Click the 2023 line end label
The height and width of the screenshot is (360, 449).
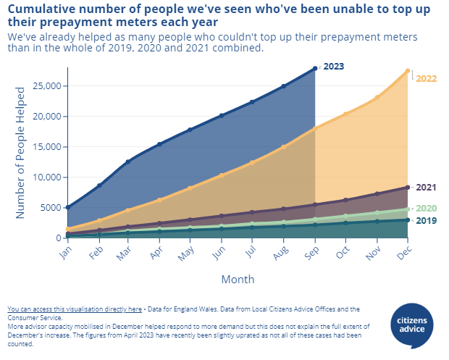pos(333,67)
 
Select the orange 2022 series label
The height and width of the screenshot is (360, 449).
pos(426,78)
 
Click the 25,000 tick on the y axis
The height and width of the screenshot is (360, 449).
pos(49,86)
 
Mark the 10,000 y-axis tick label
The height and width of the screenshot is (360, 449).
pos(49,177)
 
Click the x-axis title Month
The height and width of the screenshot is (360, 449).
pos(238,279)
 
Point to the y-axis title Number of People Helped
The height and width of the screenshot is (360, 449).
pos(21,153)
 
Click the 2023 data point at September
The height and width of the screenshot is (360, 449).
pos(315,68)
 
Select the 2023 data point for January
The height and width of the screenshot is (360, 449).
pos(68,207)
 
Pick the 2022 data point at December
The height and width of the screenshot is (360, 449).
pos(408,71)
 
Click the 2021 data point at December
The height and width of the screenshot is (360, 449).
pos(408,188)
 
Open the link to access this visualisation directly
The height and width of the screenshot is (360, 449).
pos(74,309)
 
